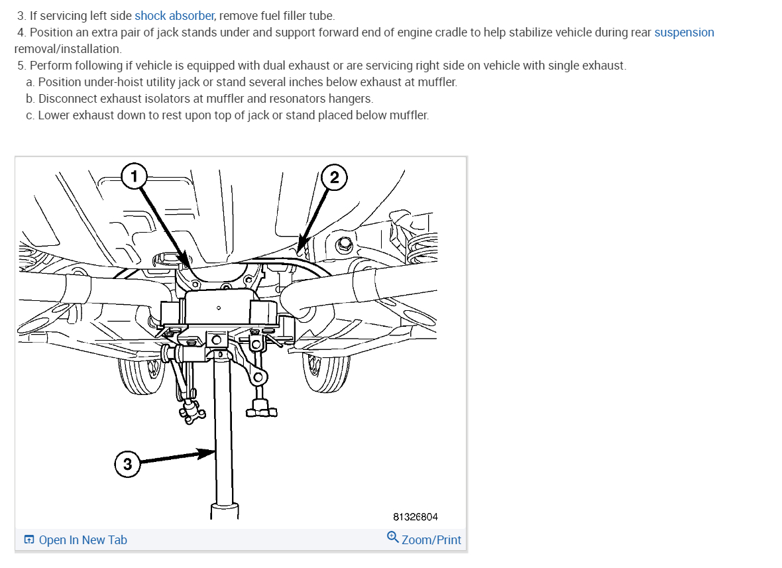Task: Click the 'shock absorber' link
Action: (x=174, y=15)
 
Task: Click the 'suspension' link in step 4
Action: (x=684, y=32)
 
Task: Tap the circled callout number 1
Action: (x=134, y=176)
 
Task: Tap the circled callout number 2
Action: (x=334, y=177)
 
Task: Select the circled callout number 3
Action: (x=127, y=464)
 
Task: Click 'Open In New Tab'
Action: (x=83, y=540)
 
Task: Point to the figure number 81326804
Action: (x=415, y=517)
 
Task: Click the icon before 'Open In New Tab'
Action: (x=29, y=540)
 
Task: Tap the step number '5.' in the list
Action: (x=22, y=66)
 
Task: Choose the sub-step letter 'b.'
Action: (x=30, y=99)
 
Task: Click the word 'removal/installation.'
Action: (x=68, y=49)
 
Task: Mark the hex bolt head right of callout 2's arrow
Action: (x=343, y=245)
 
